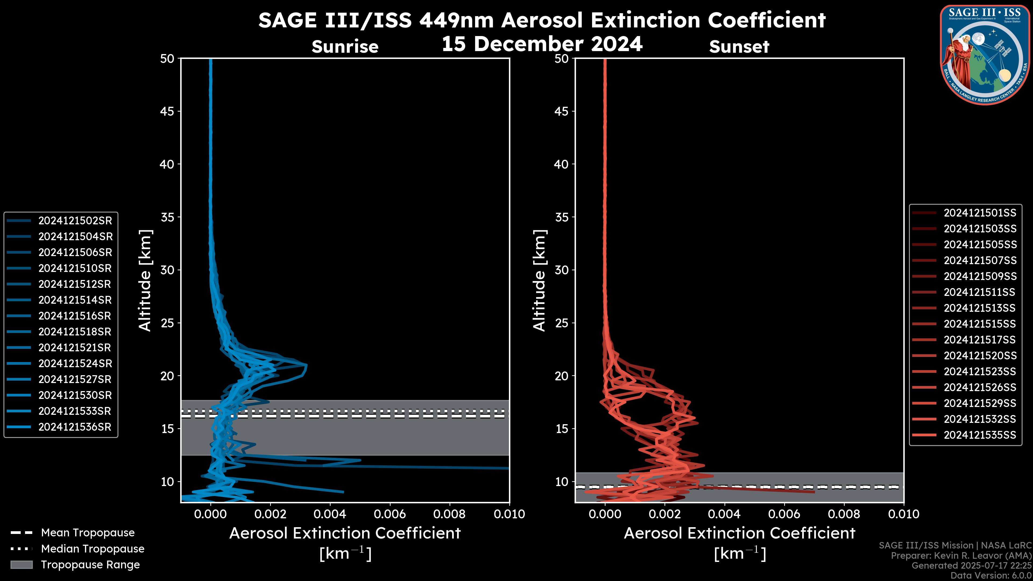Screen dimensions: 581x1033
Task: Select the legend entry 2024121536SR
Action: pyautogui.click(x=75, y=427)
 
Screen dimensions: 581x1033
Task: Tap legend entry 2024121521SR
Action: pyautogui.click(x=75, y=347)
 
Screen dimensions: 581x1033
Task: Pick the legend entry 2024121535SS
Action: pyautogui.click(x=980, y=435)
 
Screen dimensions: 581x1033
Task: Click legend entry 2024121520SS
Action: pyautogui.click(x=980, y=355)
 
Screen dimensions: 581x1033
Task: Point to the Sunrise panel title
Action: pyautogui.click(x=345, y=47)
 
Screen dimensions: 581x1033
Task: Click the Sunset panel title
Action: pyautogui.click(x=739, y=47)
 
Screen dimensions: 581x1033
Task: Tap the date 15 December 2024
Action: pyautogui.click(x=542, y=44)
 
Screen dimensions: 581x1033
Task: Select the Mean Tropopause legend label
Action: pyautogui.click(x=87, y=533)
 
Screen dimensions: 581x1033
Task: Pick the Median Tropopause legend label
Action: pyautogui.click(x=92, y=548)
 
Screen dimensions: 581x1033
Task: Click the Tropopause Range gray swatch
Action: pyautogui.click(x=21, y=565)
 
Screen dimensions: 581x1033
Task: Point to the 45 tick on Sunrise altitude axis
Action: pyautogui.click(x=167, y=111)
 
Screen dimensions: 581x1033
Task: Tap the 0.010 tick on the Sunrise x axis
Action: pyautogui.click(x=509, y=514)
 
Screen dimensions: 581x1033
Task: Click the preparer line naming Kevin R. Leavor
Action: pyautogui.click(x=961, y=555)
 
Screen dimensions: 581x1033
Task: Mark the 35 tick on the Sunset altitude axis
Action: pyautogui.click(x=562, y=217)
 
